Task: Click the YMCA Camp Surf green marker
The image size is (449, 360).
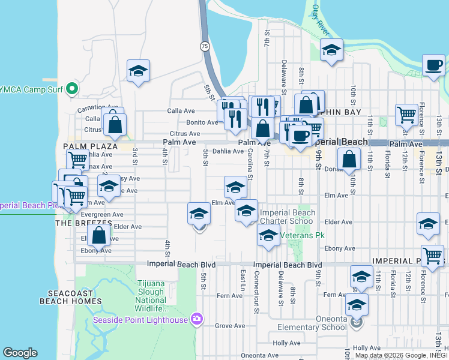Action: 73,89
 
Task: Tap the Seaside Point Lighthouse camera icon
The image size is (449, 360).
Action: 196,319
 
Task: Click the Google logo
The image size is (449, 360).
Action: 20,353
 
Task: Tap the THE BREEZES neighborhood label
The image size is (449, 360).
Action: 80,223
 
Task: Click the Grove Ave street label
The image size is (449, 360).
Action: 231,326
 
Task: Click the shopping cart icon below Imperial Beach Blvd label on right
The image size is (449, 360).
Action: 433,255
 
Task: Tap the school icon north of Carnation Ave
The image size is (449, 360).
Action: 138,71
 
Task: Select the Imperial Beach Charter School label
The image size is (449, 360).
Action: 287,217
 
